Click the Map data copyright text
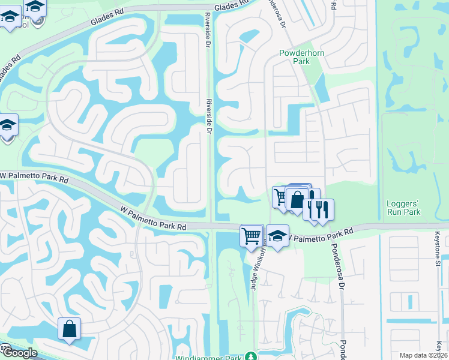424,355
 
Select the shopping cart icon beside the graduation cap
252,235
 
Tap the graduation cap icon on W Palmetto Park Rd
277,235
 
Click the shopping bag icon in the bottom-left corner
69,329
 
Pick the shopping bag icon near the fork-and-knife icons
297,199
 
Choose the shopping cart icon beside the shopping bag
281,196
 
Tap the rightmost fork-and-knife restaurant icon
324,209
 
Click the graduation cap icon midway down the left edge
8,125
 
